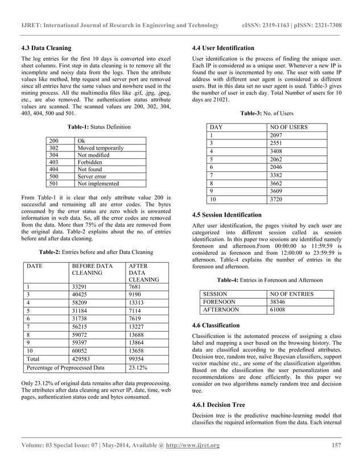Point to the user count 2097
[277, 135]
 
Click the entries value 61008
[279, 310]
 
